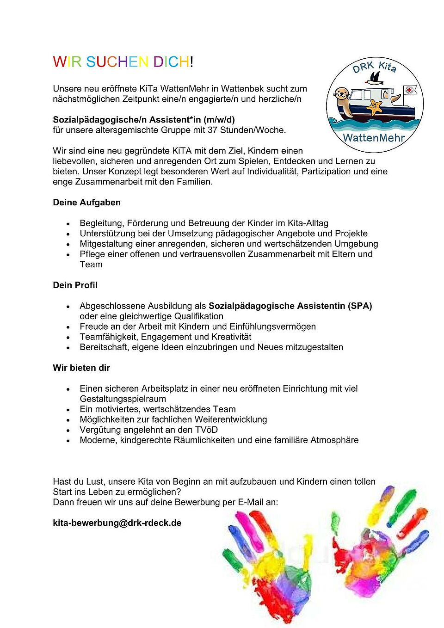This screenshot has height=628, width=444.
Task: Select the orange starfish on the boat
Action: (x=374, y=107)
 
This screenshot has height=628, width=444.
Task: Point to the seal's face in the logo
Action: (x=341, y=94)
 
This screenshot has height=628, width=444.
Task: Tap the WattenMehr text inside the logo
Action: (x=374, y=137)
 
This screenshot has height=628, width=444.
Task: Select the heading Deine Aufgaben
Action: (x=86, y=203)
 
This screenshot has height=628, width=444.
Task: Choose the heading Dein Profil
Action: (x=75, y=285)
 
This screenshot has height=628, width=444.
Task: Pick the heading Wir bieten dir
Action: (x=81, y=368)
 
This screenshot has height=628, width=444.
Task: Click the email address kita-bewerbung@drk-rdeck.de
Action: (x=117, y=523)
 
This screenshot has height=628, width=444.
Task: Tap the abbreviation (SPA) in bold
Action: (x=360, y=306)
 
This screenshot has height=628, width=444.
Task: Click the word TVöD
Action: (x=206, y=430)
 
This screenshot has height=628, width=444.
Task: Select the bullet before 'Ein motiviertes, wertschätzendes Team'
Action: (x=68, y=410)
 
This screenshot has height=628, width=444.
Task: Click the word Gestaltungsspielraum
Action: (x=123, y=399)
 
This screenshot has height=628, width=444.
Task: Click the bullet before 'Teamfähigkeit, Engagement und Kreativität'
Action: (x=68, y=338)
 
